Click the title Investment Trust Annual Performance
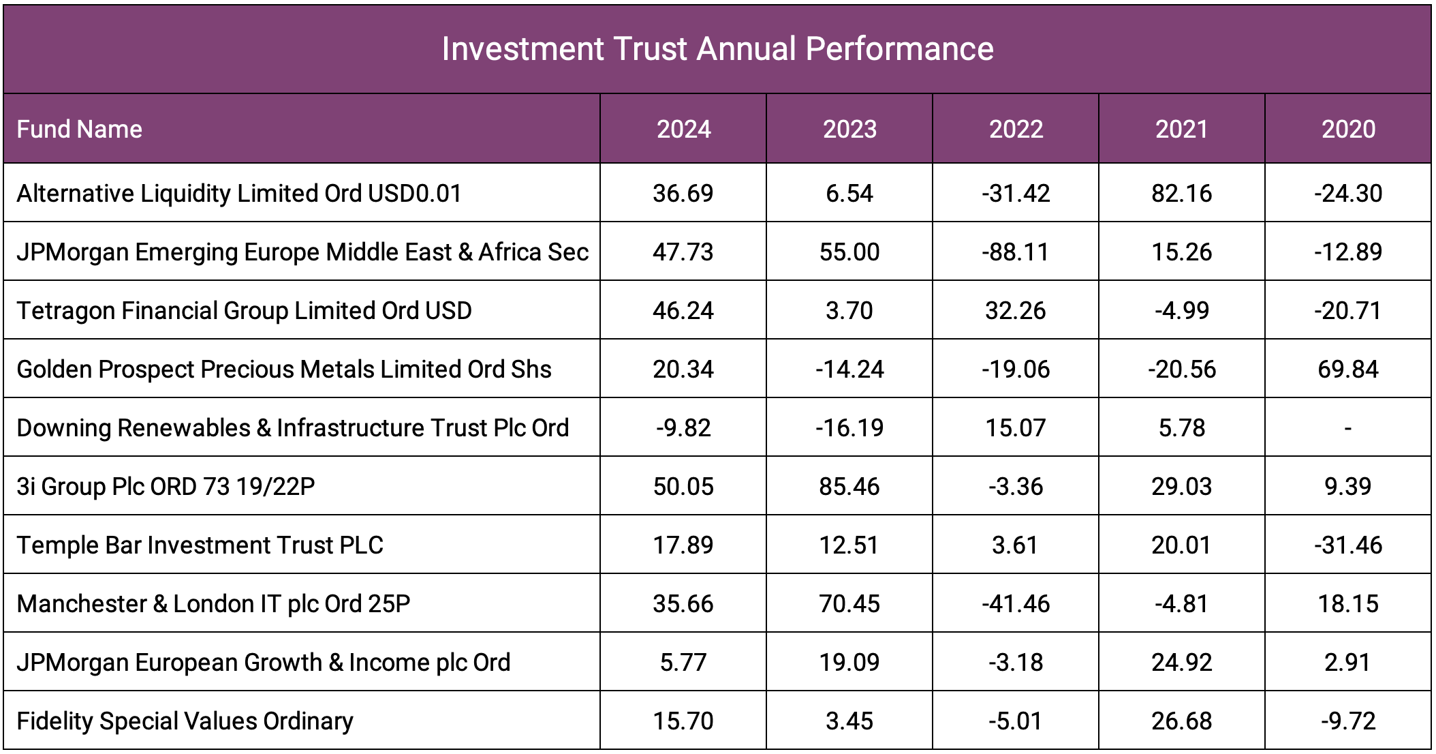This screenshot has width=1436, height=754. click(717, 49)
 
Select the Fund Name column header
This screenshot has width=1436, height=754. click(80, 130)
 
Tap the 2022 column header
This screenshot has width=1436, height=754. click(1016, 130)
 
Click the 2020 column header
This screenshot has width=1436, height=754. click(1348, 130)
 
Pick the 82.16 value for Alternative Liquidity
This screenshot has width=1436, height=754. click(1181, 194)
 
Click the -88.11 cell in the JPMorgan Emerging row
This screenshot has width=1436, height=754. click(1016, 252)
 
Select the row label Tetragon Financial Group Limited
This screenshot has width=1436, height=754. click(244, 311)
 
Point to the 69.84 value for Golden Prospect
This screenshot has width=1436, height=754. click(1347, 370)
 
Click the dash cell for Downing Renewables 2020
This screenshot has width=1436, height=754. click(1347, 428)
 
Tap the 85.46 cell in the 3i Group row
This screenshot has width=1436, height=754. click(849, 487)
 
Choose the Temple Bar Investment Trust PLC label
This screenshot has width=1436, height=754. click(200, 545)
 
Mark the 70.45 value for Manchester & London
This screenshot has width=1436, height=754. click(849, 604)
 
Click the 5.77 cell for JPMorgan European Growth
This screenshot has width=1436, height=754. click(683, 663)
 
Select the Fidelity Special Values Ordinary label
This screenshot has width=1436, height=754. click(185, 721)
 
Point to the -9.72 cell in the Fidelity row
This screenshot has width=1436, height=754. click(1347, 721)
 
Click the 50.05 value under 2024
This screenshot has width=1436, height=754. click(683, 487)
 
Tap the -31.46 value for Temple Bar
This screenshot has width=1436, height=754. click(1347, 545)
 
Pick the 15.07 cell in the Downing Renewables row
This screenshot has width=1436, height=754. click(1016, 428)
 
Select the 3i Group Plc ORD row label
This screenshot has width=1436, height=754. click(166, 487)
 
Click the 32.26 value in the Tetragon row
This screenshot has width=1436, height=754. click(1016, 311)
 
